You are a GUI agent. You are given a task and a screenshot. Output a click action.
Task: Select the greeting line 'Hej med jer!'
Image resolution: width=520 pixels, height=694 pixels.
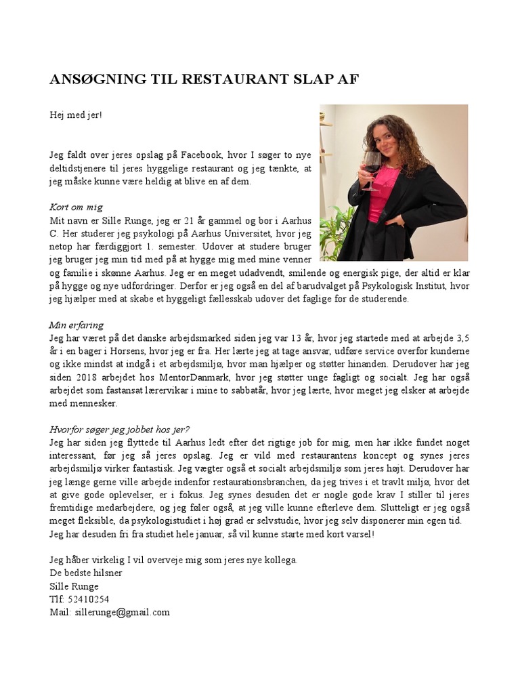click(x=76, y=115)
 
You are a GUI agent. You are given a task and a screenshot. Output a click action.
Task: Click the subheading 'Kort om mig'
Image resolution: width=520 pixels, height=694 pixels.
click(x=76, y=207)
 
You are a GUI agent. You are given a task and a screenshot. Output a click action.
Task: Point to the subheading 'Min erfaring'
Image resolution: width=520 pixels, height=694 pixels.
click(x=77, y=325)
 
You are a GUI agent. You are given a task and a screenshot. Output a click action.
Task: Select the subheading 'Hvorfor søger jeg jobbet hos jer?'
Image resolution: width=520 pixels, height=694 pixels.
click(x=120, y=430)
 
